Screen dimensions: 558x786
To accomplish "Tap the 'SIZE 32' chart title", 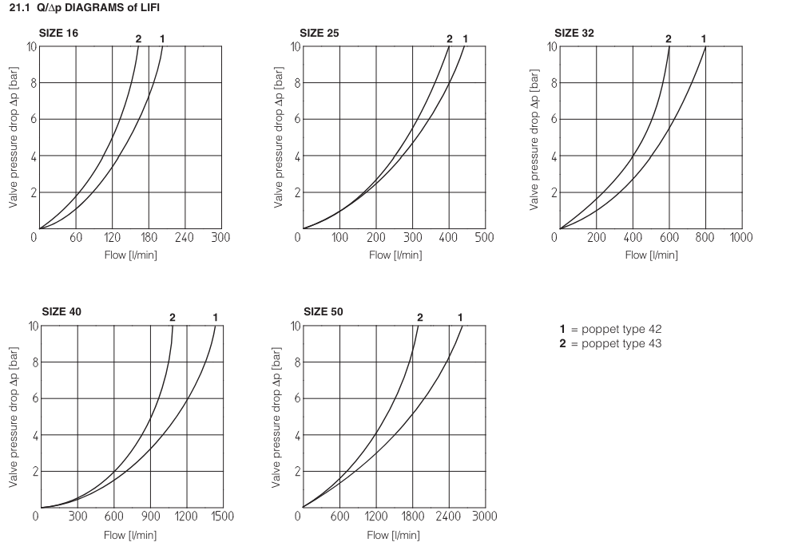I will (x=574, y=33).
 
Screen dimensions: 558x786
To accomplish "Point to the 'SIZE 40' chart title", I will (x=61, y=311).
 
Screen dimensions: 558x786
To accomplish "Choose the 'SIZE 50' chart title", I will (x=324, y=311).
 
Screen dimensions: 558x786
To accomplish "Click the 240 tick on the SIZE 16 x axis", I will (x=185, y=237).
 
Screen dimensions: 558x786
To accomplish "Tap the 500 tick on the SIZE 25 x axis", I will (x=484, y=237).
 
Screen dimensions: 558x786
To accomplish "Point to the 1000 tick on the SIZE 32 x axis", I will (x=740, y=237).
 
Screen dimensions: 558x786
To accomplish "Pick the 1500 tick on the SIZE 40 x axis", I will (x=222, y=516).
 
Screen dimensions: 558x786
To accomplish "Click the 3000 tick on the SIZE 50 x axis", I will (x=484, y=516).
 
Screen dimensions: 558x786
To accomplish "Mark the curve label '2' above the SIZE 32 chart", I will (x=669, y=38).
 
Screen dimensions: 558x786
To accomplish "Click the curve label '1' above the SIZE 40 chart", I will (x=215, y=318).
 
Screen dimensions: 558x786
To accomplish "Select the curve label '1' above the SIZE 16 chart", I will (x=162, y=38).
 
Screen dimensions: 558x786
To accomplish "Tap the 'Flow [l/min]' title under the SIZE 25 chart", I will (x=395, y=255).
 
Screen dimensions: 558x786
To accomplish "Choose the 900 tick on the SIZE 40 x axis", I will (x=150, y=516).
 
